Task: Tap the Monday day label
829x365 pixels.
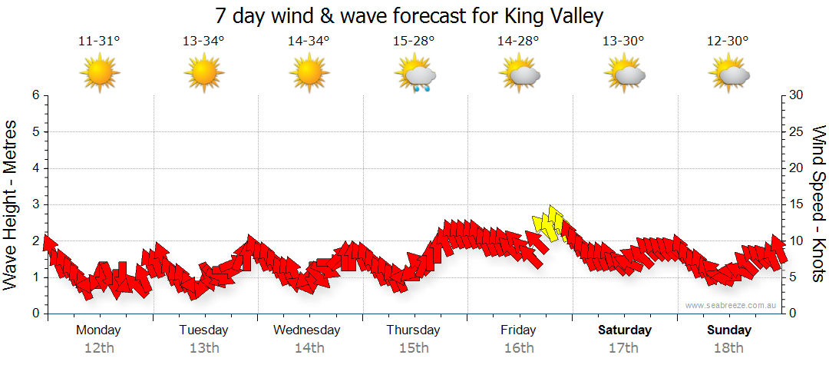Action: (x=99, y=330)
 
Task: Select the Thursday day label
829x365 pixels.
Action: (x=413, y=330)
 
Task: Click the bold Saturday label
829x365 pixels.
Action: (x=625, y=330)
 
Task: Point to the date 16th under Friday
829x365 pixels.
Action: (x=519, y=348)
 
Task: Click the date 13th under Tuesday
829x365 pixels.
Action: (x=203, y=348)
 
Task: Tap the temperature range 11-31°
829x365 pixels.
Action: (x=99, y=41)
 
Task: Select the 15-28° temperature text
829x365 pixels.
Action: (x=414, y=41)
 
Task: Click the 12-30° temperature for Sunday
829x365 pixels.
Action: (x=728, y=41)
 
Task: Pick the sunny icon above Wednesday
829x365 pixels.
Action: (x=309, y=74)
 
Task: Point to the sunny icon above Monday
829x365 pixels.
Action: (x=100, y=74)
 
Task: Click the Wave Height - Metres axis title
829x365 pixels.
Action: (x=12, y=204)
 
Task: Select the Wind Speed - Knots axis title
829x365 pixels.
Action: (x=817, y=204)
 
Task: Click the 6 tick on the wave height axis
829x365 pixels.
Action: (x=35, y=95)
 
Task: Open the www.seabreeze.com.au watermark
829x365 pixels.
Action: (x=732, y=305)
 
